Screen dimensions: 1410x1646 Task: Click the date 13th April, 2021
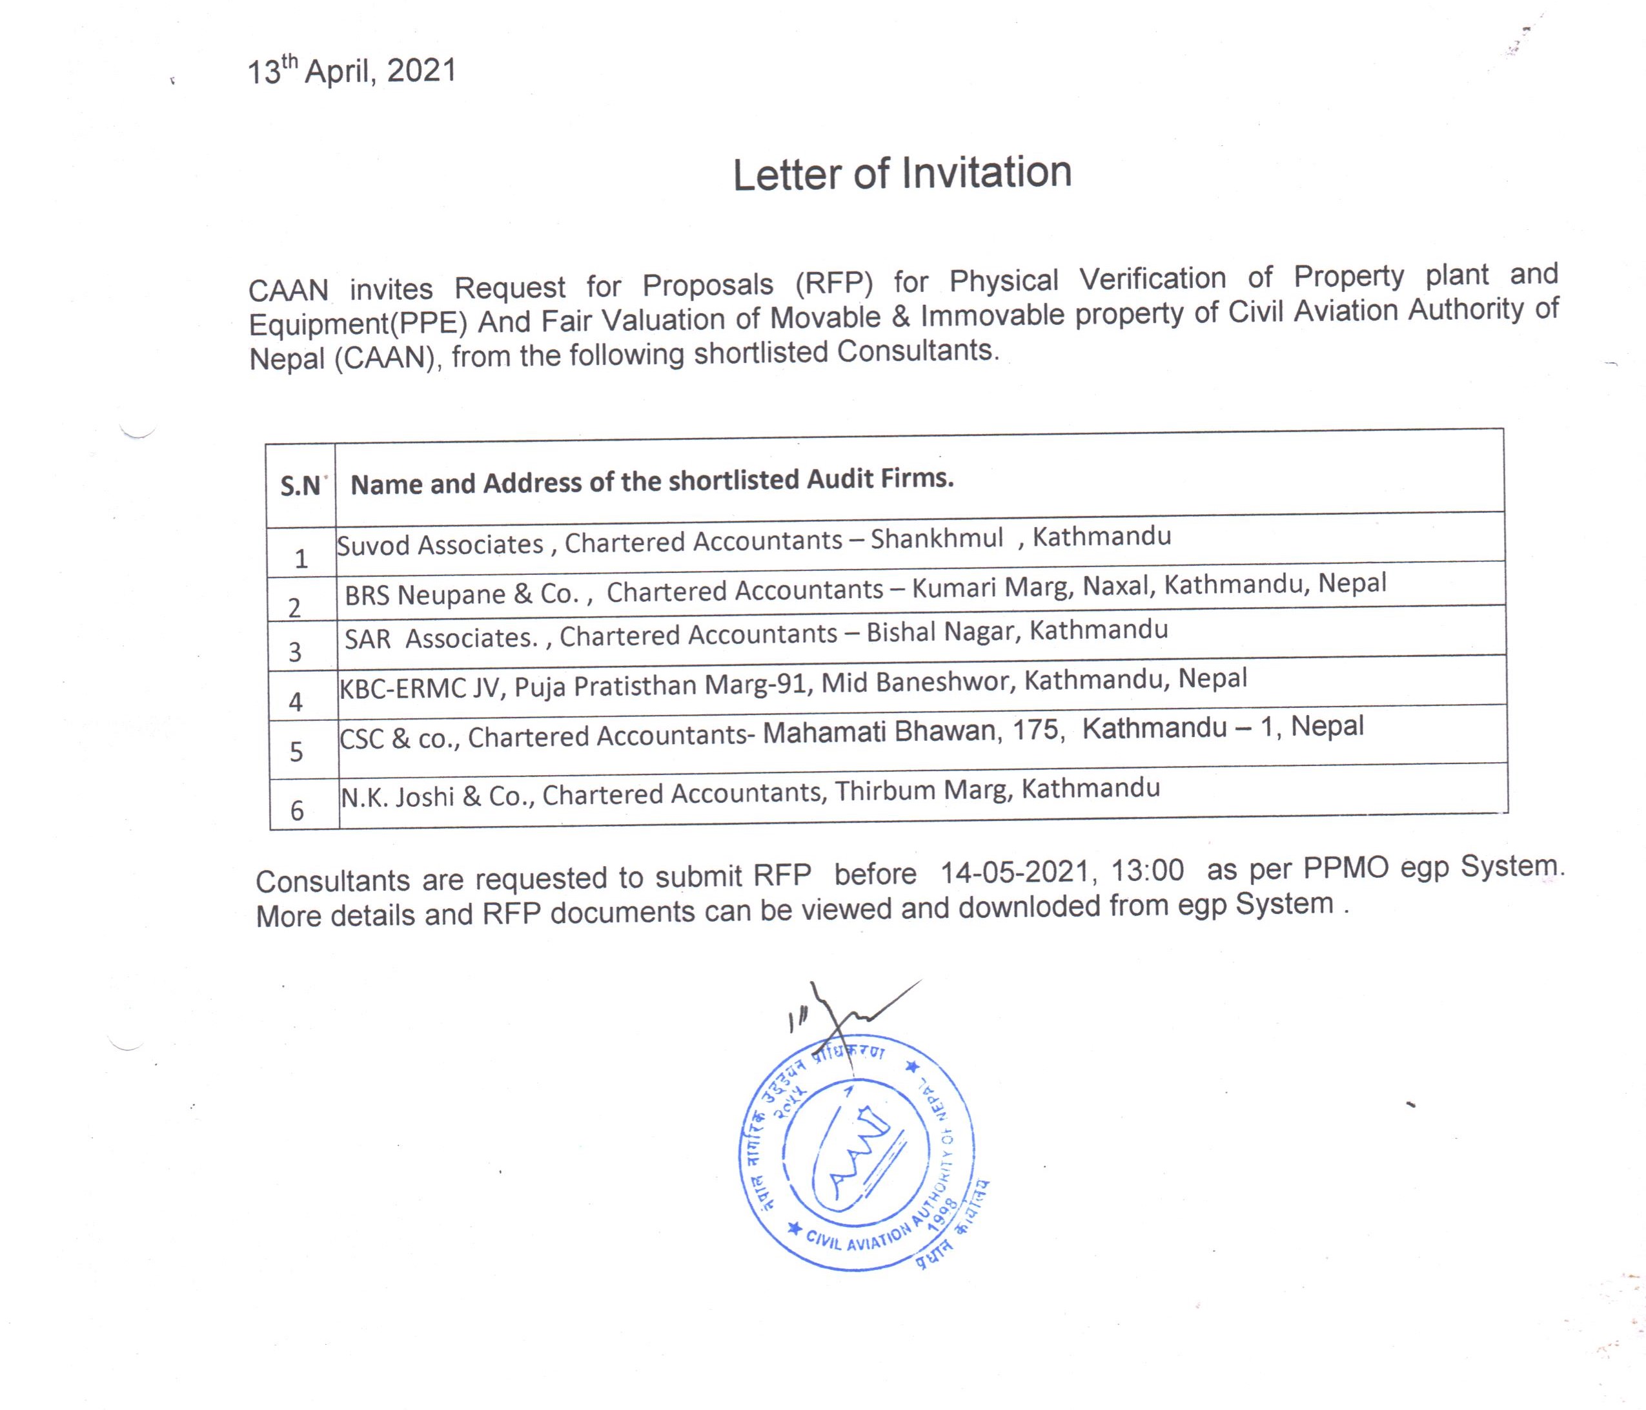pyautogui.click(x=352, y=72)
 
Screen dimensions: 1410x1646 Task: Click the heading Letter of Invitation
pyautogui.click(x=902, y=173)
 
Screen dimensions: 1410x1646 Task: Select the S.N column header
pyautogui.click(x=300, y=485)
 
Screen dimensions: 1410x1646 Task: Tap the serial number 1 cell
pyautogui.click(x=301, y=559)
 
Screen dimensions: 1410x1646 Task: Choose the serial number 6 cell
pyautogui.click(x=297, y=810)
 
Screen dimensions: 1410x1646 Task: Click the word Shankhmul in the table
pyautogui.click(x=937, y=539)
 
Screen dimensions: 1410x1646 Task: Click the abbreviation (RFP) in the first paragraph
pyautogui.click(x=834, y=283)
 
